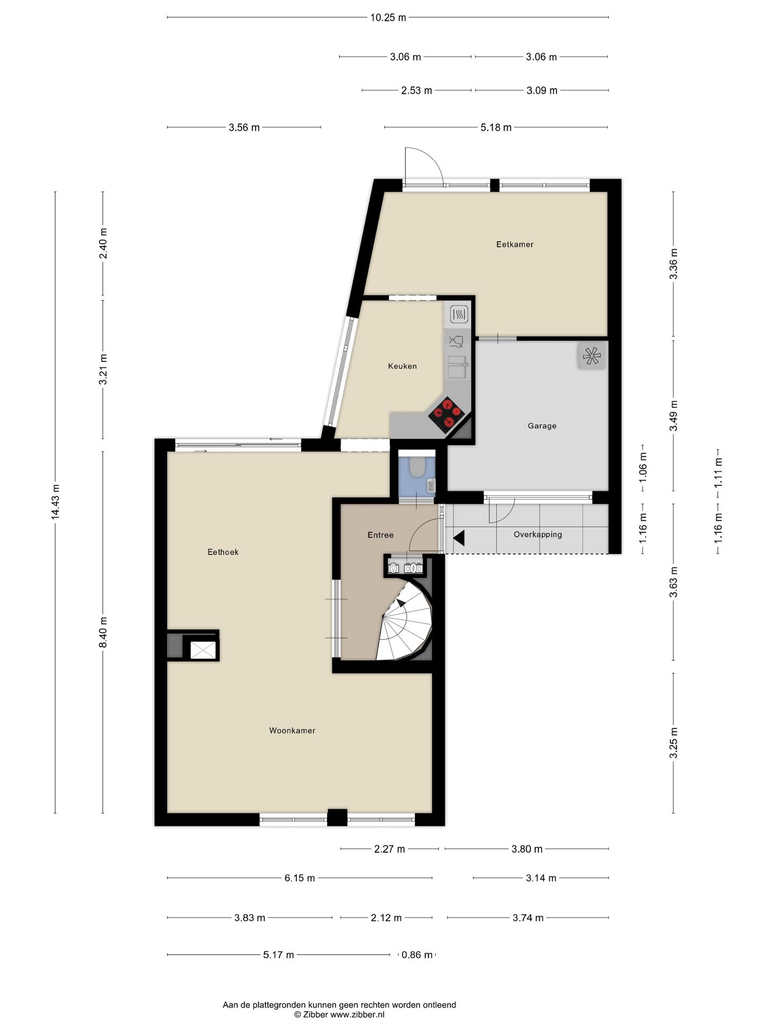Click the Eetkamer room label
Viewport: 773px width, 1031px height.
[x=514, y=244]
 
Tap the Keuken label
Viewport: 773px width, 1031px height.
[x=402, y=366]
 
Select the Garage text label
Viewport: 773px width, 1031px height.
[x=542, y=426]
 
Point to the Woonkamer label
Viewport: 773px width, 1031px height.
[x=292, y=730]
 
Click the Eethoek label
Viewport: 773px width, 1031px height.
[x=223, y=552]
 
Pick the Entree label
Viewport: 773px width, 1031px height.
[x=380, y=535]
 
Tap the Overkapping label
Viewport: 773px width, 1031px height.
[x=537, y=534]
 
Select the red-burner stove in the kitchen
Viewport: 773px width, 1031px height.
[x=447, y=415]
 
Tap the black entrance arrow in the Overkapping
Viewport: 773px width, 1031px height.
[x=459, y=538]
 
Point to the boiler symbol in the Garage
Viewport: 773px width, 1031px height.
[x=592, y=355]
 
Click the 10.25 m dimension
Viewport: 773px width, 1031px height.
[x=388, y=17]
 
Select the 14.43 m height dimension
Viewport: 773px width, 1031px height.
[x=55, y=502]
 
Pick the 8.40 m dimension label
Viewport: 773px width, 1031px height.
[x=103, y=633]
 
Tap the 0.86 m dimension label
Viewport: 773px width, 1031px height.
[x=417, y=955]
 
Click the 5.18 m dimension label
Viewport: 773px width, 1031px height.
[x=495, y=127]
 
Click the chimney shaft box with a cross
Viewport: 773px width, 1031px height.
[x=203, y=650]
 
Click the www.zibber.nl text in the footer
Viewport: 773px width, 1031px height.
[x=357, y=1014]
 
